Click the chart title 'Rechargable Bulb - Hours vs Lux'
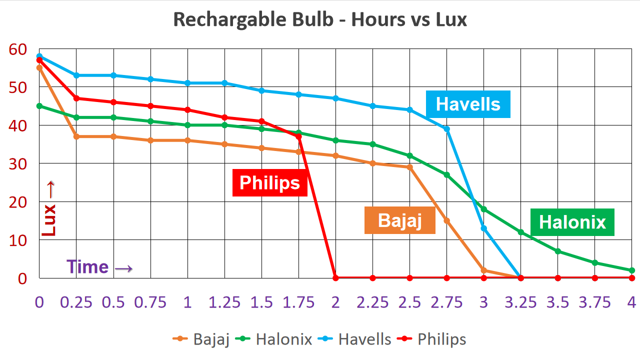click(320, 19)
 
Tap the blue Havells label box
click(468, 104)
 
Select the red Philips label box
click(270, 182)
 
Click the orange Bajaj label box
click(400, 220)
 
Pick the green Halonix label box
click(572, 222)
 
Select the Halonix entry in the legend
click(274, 339)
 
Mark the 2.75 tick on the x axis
click(446, 302)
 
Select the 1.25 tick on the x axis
click(224, 302)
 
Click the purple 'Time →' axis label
click(100, 266)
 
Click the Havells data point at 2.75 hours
click(446, 129)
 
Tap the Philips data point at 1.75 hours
click(298, 136)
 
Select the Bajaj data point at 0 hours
click(39, 67)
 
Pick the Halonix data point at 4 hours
click(632, 270)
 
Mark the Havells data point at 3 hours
click(484, 228)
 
